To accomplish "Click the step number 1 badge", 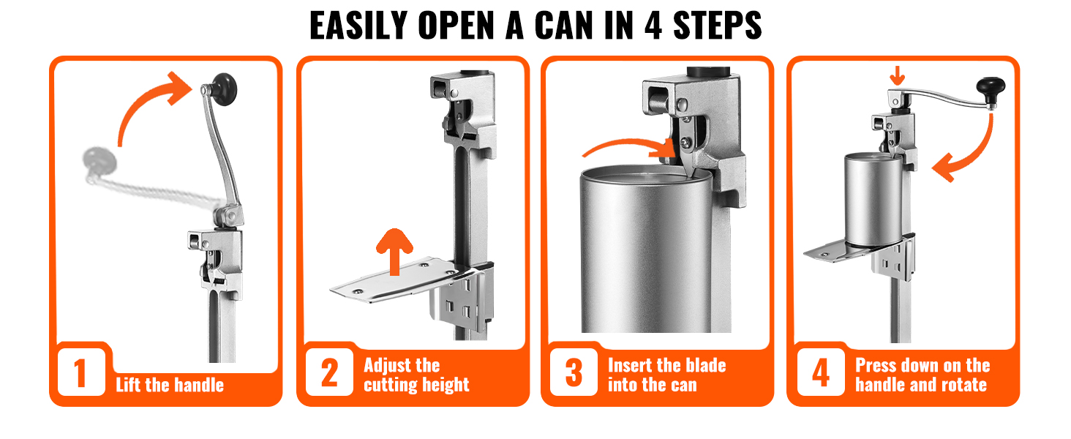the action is [81, 372].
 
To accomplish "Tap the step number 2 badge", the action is [329, 372].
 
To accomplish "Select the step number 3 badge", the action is [574, 372].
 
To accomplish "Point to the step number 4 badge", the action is [821, 372].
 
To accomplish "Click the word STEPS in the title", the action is [717, 26].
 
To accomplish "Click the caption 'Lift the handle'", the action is [170, 385].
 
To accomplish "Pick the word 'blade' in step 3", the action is [706, 366].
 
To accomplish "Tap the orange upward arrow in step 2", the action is [394, 252].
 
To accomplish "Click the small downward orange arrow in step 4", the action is [898, 76].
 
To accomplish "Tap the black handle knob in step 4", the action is [991, 91].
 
